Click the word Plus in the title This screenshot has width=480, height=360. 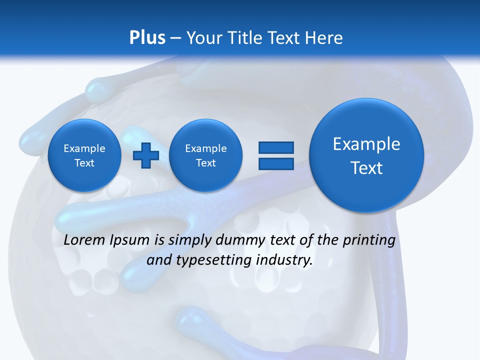tap(147, 38)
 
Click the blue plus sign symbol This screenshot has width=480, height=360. tap(146, 155)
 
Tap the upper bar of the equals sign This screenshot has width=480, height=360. tap(276, 147)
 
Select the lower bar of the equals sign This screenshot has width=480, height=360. tap(276, 163)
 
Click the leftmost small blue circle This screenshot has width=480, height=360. tap(84, 155)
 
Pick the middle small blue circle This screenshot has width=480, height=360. tap(206, 155)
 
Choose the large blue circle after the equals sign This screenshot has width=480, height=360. tap(366, 155)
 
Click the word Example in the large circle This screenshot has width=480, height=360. tap(366, 144)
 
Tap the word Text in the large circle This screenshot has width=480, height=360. tap(366, 168)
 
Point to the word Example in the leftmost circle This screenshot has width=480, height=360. tap(84, 148)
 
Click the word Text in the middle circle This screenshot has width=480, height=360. tap(206, 163)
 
